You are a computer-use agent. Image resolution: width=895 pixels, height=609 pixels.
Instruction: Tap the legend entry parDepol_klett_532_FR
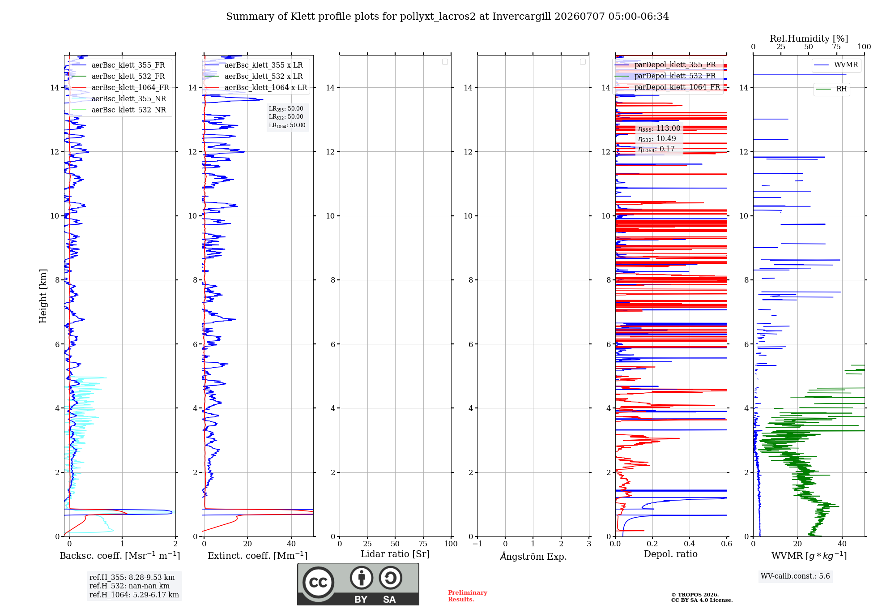(x=665, y=76)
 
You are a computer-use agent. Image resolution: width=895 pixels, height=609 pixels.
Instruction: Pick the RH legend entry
(x=831, y=89)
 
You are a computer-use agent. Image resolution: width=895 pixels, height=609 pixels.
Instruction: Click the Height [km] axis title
(x=43, y=296)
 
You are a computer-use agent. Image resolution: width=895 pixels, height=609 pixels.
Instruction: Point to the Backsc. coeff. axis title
(x=120, y=556)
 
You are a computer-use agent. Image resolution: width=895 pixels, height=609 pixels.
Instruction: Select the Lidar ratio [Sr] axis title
(x=395, y=554)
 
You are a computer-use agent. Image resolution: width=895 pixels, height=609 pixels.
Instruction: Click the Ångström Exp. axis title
(x=533, y=556)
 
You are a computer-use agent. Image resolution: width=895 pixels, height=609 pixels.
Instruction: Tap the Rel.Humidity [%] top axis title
(x=809, y=39)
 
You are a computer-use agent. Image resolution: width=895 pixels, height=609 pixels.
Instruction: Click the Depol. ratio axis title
(x=671, y=554)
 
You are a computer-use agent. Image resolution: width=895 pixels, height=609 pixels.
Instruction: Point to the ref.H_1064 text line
(x=134, y=595)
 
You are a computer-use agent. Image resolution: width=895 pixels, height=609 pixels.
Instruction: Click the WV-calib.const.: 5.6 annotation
(x=795, y=576)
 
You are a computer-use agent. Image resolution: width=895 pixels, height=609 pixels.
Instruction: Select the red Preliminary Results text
(x=468, y=596)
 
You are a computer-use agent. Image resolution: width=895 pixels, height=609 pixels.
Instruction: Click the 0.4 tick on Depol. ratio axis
(x=690, y=544)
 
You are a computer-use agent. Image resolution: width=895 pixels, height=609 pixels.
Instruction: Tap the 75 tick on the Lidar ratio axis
(x=423, y=544)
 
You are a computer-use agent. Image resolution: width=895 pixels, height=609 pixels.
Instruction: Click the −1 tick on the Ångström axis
(x=477, y=544)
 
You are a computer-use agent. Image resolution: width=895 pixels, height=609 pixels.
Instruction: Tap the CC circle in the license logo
(x=318, y=582)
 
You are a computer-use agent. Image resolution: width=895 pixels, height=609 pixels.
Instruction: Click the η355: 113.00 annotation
(x=659, y=129)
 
